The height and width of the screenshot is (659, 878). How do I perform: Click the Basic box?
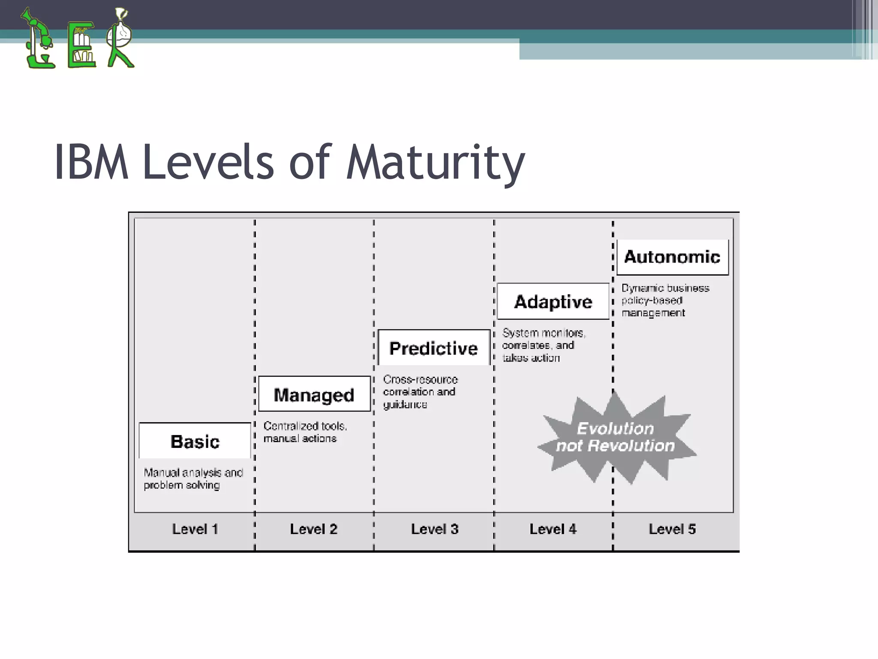(x=195, y=441)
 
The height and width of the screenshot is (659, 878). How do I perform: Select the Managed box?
(x=314, y=394)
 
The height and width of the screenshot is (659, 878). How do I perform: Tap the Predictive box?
(x=433, y=348)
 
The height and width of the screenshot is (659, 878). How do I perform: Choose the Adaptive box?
(x=553, y=302)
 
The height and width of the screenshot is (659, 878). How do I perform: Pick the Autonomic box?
(x=672, y=257)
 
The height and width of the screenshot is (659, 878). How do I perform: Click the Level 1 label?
(x=195, y=529)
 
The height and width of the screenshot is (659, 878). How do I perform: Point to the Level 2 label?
(x=314, y=529)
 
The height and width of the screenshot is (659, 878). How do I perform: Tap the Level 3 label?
(x=435, y=529)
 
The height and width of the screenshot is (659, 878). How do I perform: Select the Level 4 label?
(x=553, y=529)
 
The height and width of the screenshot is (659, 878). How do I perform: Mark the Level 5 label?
(x=672, y=529)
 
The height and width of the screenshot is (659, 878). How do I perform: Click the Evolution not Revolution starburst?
(x=616, y=438)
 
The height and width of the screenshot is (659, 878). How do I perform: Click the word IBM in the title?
(x=91, y=162)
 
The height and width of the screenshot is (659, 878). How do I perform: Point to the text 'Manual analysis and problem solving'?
(x=193, y=479)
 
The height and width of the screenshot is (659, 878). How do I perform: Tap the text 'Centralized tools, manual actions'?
(x=305, y=432)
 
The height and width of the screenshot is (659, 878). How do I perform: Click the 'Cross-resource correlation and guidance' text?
(x=420, y=392)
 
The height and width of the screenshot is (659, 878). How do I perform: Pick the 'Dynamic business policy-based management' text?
(x=665, y=300)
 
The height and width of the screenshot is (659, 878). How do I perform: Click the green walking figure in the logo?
(x=120, y=39)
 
